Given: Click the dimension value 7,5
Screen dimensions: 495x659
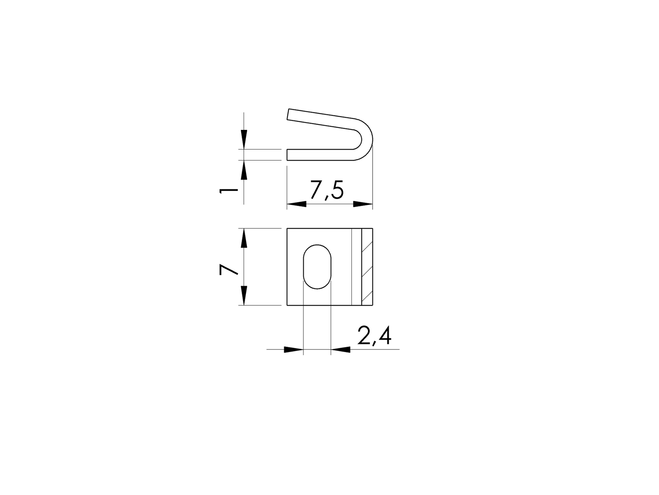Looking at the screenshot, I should (326, 191).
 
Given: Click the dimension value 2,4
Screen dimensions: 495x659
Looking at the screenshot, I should (374, 336).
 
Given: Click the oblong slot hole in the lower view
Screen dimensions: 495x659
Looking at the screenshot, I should (317, 267).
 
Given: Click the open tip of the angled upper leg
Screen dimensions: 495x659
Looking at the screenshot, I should (289, 114).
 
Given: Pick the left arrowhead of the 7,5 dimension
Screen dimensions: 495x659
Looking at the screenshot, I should (297, 204).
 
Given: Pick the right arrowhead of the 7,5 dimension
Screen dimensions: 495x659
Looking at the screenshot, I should (363, 204).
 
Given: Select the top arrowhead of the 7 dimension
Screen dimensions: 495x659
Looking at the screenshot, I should (244, 239).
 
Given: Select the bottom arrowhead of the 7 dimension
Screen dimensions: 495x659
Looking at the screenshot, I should (244, 295).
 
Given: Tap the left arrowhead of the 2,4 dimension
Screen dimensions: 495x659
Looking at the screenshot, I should (294, 349).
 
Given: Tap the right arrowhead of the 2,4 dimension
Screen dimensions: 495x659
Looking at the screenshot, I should (340, 349).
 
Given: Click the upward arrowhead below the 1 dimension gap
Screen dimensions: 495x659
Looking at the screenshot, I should (244, 170).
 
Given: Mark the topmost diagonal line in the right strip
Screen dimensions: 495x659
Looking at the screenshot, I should (367, 247).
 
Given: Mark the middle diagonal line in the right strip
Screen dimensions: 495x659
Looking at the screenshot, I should (367, 272).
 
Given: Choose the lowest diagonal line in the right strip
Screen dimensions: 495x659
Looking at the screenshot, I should (367, 297).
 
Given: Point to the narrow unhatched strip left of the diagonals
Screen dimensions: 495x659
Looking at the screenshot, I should (356, 267).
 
